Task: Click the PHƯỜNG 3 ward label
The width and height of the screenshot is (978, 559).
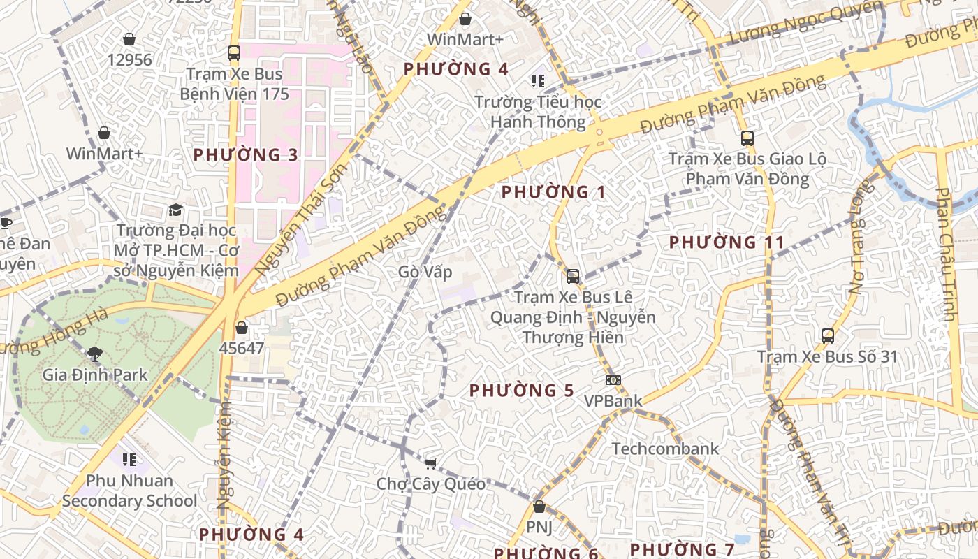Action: point(246,155)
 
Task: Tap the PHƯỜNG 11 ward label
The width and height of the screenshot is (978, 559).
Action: point(727,242)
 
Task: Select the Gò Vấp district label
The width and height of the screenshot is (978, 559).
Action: point(425,271)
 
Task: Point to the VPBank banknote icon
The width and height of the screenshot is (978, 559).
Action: point(613,380)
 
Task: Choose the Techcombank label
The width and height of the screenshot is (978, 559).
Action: point(665,449)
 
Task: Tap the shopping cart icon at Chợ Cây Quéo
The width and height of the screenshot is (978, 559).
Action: point(431,463)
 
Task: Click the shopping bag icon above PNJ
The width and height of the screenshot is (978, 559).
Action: point(539,507)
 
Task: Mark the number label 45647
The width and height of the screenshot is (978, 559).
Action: point(242,347)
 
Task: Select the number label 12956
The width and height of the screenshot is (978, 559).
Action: point(129,59)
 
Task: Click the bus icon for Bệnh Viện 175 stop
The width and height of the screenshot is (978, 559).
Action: point(234,52)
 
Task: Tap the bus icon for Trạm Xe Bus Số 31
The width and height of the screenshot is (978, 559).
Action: point(828,336)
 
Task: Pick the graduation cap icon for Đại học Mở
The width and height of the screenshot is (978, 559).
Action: point(175,210)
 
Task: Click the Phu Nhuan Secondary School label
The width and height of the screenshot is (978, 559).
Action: point(129,491)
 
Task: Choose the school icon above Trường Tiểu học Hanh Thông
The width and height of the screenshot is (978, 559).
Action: point(537,81)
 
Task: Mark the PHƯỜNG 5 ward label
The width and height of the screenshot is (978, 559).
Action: point(521,391)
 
